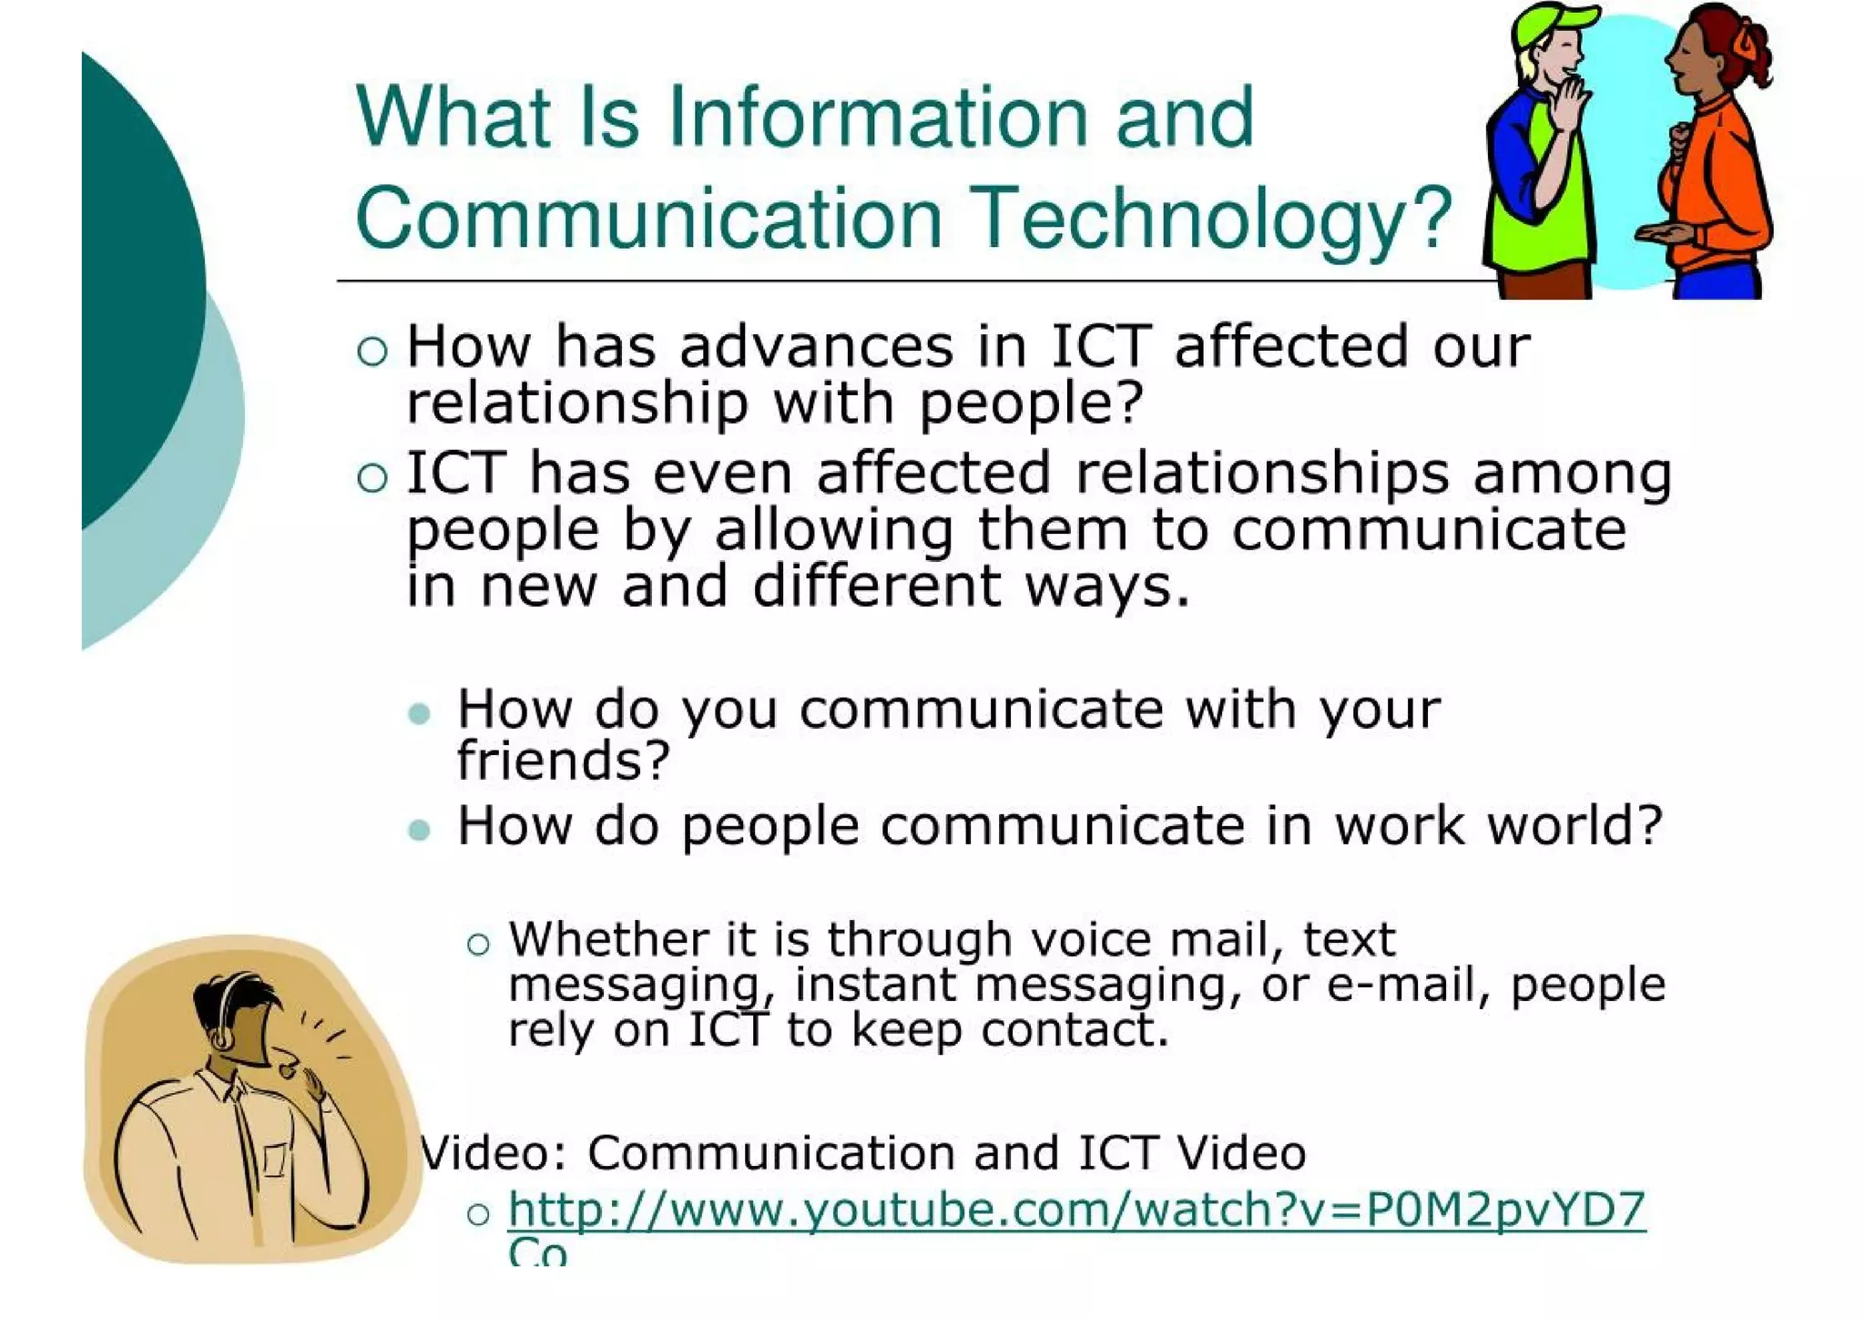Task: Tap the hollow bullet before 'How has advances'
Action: click(x=372, y=351)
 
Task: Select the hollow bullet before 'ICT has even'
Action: click(x=372, y=477)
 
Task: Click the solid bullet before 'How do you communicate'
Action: click(x=420, y=713)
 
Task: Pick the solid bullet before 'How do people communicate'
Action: click(x=420, y=830)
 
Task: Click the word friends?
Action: click(x=563, y=761)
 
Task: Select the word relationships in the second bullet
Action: click(x=1262, y=474)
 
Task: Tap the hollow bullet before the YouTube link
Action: click(x=478, y=1214)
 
